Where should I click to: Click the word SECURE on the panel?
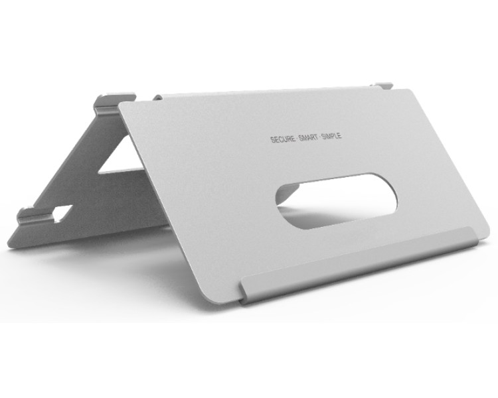283,139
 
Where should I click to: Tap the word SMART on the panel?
308,137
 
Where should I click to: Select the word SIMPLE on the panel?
331,136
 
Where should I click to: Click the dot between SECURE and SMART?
297,139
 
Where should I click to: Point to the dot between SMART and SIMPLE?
319,137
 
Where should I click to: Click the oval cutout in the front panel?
336,200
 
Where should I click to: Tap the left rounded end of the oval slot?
280,198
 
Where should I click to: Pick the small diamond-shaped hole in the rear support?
63,214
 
